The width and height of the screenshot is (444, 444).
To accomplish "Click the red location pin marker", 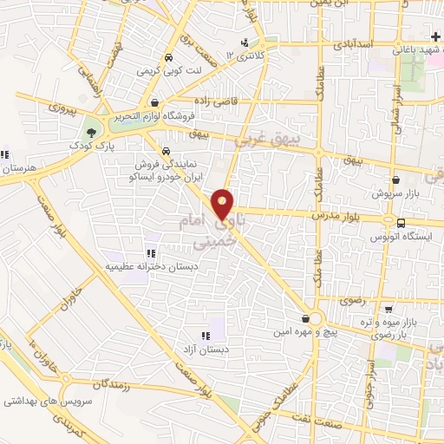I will point(224,205).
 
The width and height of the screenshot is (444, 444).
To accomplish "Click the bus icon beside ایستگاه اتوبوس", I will point(399,223).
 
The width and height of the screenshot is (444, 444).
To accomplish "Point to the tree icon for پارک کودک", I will point(92,133).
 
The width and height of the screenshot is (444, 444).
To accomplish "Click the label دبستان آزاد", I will point(205,349).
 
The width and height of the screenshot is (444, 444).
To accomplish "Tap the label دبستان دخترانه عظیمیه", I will point(150,267).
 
